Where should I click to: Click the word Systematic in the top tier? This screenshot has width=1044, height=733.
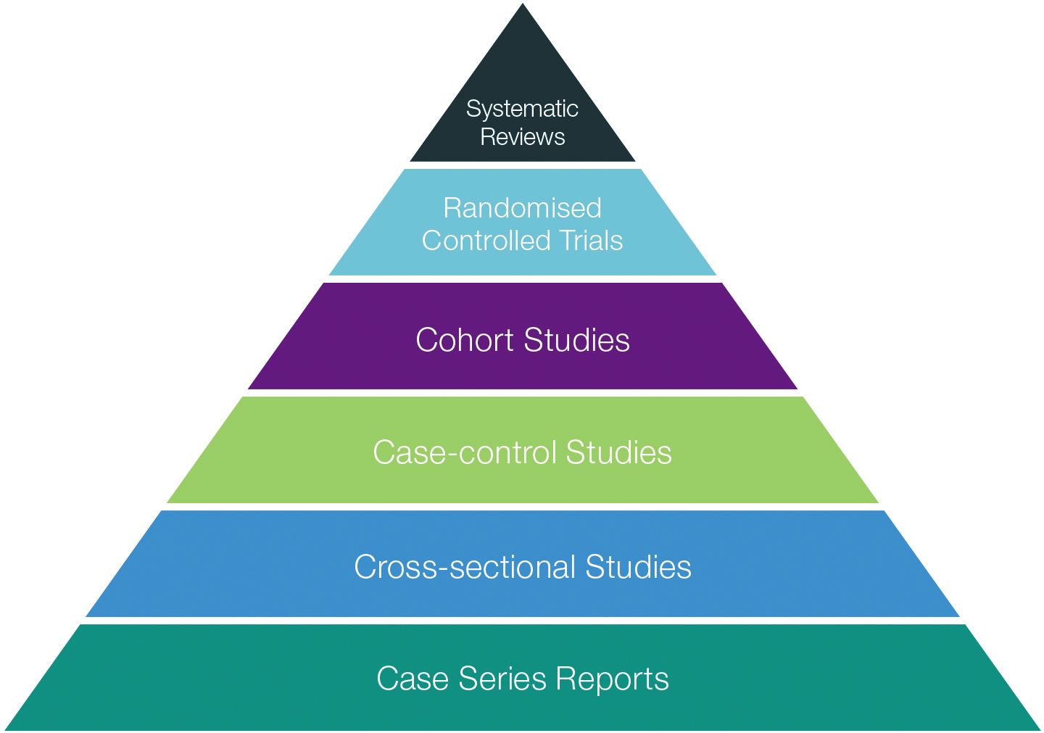[x=522, y=109]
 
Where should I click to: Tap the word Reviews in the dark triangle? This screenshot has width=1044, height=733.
[x=522, y=137]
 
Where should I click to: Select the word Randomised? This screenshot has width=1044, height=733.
[x=522, y=208]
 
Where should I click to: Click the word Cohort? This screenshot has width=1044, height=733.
[x=465, y=340]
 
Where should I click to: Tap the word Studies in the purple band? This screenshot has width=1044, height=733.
[x=576, y=340]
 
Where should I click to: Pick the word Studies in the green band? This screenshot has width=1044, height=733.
[x=618, y=452]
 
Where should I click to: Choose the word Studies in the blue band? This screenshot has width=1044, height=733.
[x=638, y=567]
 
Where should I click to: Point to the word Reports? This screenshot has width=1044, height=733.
[x=612, y=679]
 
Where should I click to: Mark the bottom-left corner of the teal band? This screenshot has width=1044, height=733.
[x=6, y=729]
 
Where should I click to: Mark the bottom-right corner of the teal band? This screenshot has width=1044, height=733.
[x=1039, y=729]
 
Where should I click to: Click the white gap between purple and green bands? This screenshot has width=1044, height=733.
[x=522, y=393]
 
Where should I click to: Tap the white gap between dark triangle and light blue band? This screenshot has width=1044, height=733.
[x=522, y=165]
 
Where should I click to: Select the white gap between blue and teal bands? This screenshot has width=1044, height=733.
[x=522, y=621]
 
